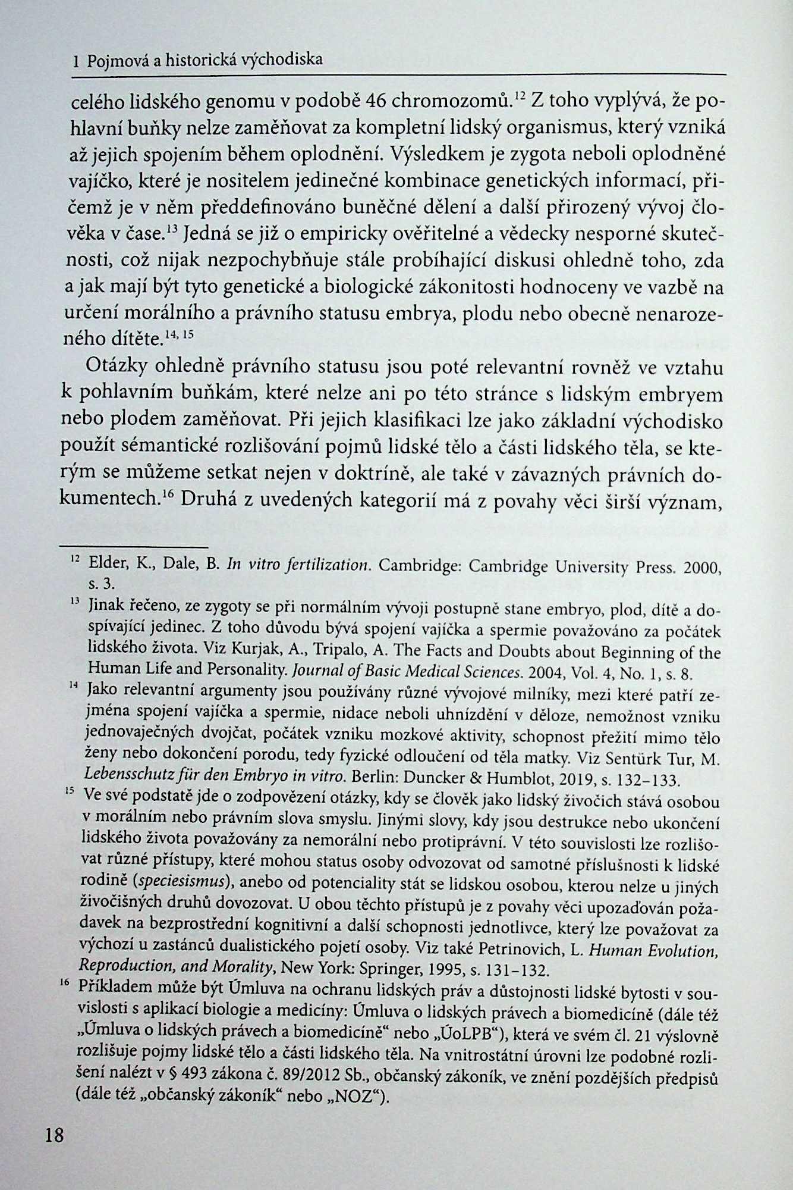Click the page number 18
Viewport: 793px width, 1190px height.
pos(54,1135)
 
